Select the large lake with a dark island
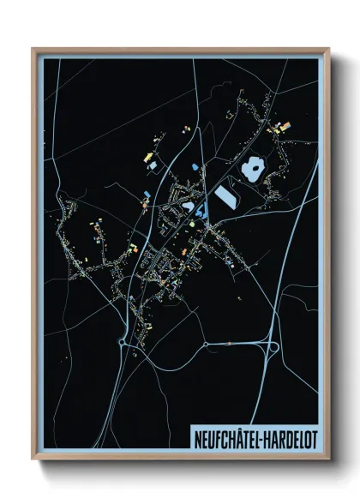253,168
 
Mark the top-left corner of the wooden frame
33,50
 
